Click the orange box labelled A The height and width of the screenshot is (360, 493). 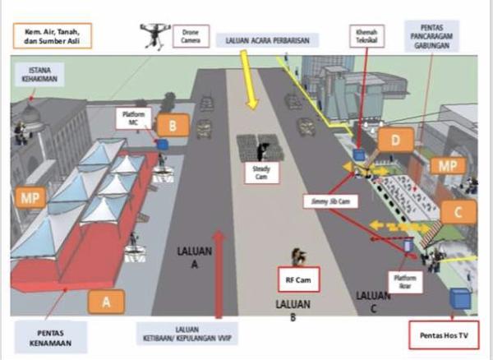[106, 302]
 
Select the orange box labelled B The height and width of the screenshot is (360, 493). [172, 126]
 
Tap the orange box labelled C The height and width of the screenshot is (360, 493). [458, 213]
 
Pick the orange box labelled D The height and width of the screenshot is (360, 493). [396, 141]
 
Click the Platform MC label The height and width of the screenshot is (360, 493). [133, 118]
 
